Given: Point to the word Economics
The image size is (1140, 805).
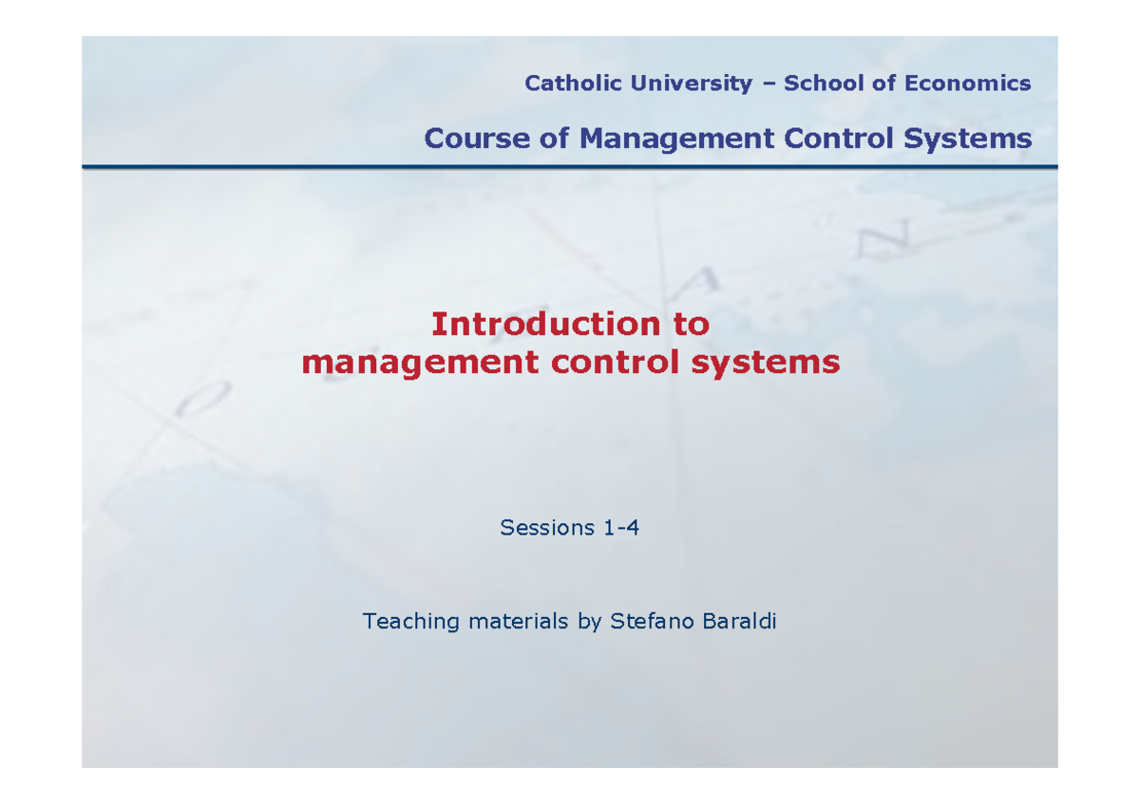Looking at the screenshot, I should coord(967,84).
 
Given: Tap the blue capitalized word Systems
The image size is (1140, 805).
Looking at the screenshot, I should coord(968,139).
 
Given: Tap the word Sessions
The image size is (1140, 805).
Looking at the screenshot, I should coord(547,528).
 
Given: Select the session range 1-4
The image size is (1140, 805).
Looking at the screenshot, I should coord(621,528).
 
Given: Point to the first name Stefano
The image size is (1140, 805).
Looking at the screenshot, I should coord(648,623).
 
